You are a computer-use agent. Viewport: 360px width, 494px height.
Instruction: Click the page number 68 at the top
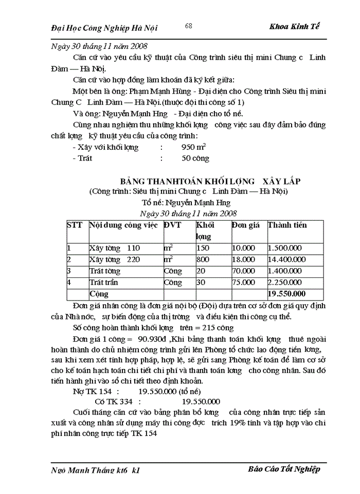click(189, 26)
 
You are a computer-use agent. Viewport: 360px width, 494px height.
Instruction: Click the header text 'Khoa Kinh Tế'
click(294, 27)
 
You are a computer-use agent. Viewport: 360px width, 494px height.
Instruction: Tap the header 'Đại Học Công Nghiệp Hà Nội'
click(105, 28)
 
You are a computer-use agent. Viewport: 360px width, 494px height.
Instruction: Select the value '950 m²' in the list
click(194, 147)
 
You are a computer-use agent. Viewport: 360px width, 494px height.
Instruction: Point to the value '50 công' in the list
click(195, 158)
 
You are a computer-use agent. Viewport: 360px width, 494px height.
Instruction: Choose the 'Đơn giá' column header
click(245, 225)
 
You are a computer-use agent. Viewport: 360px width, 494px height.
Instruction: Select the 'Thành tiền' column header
click(287, 225)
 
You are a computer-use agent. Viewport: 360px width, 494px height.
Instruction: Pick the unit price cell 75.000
click(243, 282)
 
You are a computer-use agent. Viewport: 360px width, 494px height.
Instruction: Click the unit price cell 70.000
click(243, 271)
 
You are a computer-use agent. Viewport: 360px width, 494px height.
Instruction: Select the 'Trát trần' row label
click(103, 282)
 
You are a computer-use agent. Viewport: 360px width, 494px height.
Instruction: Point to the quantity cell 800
click(203, 259)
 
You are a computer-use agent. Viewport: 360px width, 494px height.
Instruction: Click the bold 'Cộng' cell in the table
click(99, 294)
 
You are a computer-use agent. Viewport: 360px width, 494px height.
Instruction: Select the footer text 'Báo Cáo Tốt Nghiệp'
click(284, 469)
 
